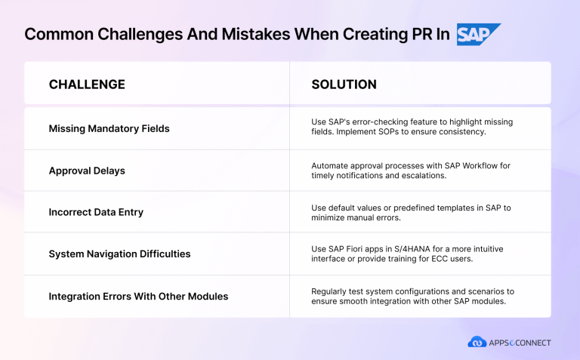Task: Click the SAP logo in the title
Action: point(478,35)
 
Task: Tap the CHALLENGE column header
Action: point(87,84)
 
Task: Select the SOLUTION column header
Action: point(344,84)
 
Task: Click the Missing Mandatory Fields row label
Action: point(109,128)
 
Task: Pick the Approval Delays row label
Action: point(87,171)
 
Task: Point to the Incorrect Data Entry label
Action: point(96,212)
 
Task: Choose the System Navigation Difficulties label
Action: point(119,254)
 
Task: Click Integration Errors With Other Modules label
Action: point(138,296)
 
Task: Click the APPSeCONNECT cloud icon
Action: point(477,342)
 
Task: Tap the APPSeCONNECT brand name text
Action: point(520,343)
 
